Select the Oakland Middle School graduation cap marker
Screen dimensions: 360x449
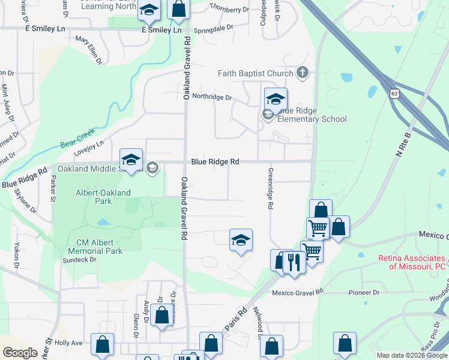131,160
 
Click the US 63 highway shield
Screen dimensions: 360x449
393,94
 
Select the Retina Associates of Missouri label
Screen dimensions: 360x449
412,262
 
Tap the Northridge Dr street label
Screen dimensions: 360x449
211,97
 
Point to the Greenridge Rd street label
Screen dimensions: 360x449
270,188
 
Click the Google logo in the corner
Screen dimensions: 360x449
19,352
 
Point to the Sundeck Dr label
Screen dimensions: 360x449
80,260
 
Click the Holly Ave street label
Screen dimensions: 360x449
68,343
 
